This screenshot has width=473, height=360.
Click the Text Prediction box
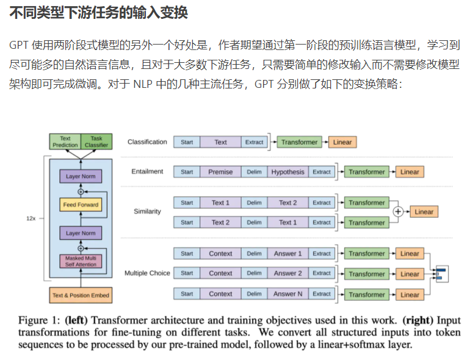[x=65, y=142]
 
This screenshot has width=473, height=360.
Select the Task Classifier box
[x=96, y=142]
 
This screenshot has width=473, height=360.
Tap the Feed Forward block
[x=81, y=204]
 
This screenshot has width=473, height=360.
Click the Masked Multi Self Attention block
[x=81, y=261]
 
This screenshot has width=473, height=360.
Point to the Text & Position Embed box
[x=81, y=295]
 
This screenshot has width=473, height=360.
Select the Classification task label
[x=147, y=142]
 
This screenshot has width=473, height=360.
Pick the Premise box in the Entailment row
[x=220, y=172]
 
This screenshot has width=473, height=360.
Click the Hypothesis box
[x=287, y=172]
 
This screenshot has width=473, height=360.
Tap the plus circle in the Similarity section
[x=398, y=212]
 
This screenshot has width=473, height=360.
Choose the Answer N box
[x=287, y=294]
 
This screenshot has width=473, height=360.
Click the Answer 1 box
[x=287, y=253]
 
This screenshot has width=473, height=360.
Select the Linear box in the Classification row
[x=342, y=142]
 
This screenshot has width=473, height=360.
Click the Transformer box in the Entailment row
[x=367, y=172]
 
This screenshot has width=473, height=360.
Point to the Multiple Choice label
[x=147, y=273]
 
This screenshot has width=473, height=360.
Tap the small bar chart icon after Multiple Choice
[x=441, y=273]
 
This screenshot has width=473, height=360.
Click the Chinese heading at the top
[x=98, y=13]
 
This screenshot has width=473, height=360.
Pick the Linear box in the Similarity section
[x=424, y=212]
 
